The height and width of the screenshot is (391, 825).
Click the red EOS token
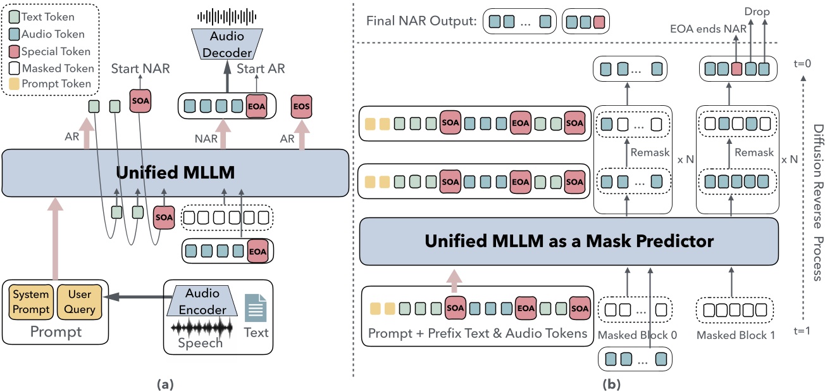pyautogui.click(x=302, y=107)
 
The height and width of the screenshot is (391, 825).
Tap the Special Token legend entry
pyautogui.click(x=51, y=51)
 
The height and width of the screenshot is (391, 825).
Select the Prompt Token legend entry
pyautogui.click(x=51, y=84)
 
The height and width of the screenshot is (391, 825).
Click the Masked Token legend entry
pyautogui.click(x=51, y=68)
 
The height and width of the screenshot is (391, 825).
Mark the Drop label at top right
pyautogui.click(x=757, y=11)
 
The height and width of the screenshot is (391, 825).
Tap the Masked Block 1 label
pyautogui.click(x=735, y=335)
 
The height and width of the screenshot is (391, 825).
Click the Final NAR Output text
pyautogui.click(x=420, y=22)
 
